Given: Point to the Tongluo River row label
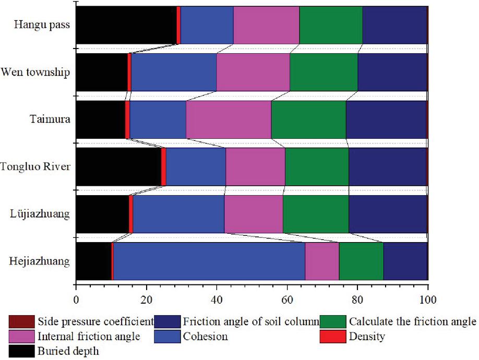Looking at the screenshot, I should (x=35, y=167).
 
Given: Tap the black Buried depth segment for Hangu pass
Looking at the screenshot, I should (x=126, y=25).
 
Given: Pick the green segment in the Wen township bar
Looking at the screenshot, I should (x=324, y=72).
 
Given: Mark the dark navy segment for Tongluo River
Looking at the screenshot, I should (x=387, y=167).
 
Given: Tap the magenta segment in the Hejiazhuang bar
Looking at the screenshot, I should (x=322, y=261).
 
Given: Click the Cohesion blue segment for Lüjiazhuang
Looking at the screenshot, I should (x=178, y=214).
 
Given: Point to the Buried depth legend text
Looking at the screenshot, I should (x=68, y=352).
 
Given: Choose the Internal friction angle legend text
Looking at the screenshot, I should (x=89, y=337).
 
